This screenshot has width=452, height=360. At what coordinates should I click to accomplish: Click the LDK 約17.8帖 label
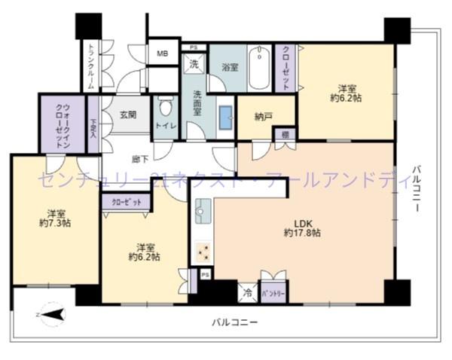[302, 228]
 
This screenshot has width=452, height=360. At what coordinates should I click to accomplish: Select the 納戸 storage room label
[263, 117]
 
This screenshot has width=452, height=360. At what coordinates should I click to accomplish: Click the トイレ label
[165, 127]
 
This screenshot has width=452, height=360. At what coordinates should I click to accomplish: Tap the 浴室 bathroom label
[229, 67]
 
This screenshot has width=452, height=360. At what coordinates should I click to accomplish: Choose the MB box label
[163, 53]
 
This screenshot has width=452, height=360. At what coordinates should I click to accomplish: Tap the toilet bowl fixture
[165, 106]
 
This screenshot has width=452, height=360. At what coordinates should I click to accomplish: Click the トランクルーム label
[91, 66]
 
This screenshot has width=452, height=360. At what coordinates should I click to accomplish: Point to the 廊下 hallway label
[139, 160]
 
